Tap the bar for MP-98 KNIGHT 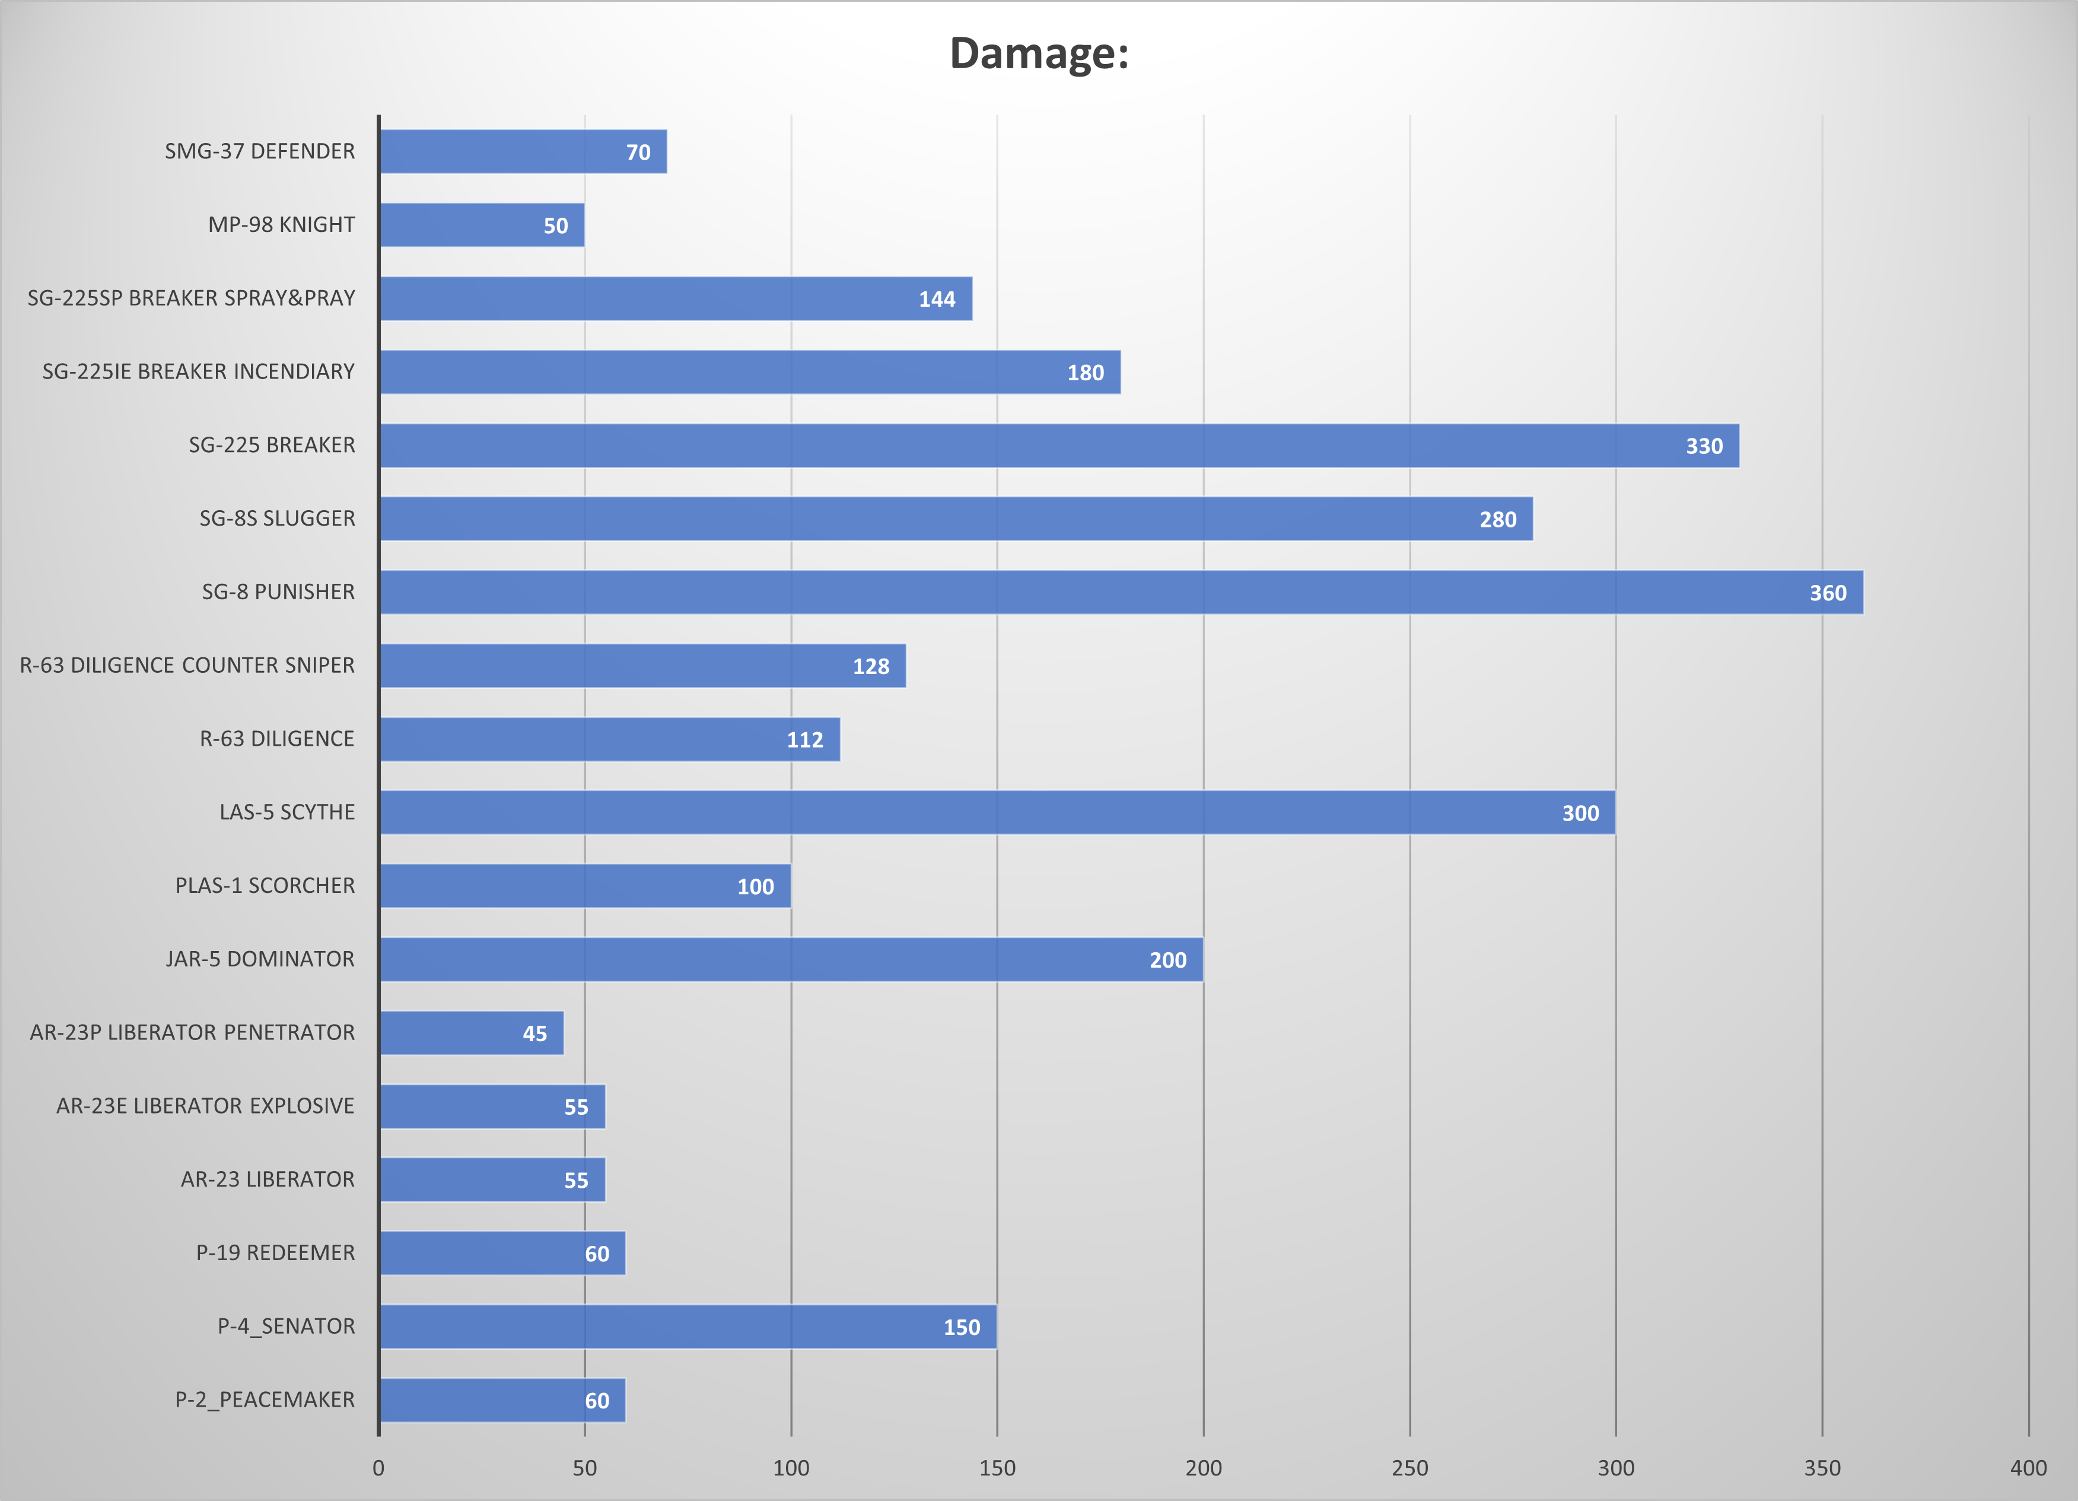[x=482, y=224]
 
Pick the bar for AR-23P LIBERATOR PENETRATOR [x=471, y=1033]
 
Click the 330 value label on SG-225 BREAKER [x=1703, y=446]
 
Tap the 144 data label [x=937, y=300]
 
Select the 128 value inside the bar [x=870, y=666]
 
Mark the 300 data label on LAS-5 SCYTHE [x=1580, y=813]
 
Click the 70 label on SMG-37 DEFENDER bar [x=638, y=152]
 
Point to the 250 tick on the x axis [x=1409, y=1468]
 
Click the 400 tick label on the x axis [x=2028, y=1468]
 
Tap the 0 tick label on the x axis [x=378, y=1468]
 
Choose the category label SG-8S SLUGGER [x=276, y=519]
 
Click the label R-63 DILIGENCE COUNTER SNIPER [x=187, y=665]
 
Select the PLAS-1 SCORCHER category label [x=265, y=885]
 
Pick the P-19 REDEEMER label [x=275, y=1252]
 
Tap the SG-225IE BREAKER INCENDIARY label [x=198, y=371]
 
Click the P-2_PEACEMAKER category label [x=265, y=1400]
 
